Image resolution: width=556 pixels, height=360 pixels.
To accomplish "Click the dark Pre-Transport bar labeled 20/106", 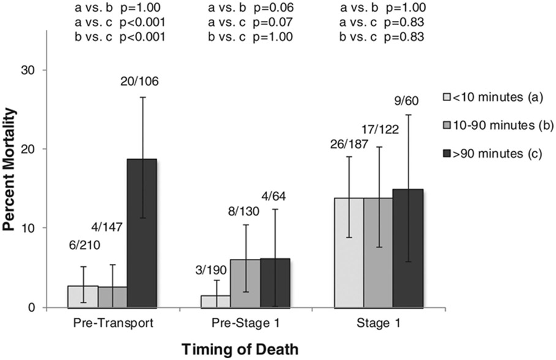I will coord(142,233).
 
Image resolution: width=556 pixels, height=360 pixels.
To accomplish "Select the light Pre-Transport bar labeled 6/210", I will coord(83,296).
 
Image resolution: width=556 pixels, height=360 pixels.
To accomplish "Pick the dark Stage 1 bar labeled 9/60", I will coord(408,248).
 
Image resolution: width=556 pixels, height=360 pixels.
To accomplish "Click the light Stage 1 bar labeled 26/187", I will coord(349,252).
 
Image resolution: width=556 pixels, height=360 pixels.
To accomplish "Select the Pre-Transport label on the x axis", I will coord(112,322).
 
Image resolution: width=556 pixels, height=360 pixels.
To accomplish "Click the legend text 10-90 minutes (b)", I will coord(504,126).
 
